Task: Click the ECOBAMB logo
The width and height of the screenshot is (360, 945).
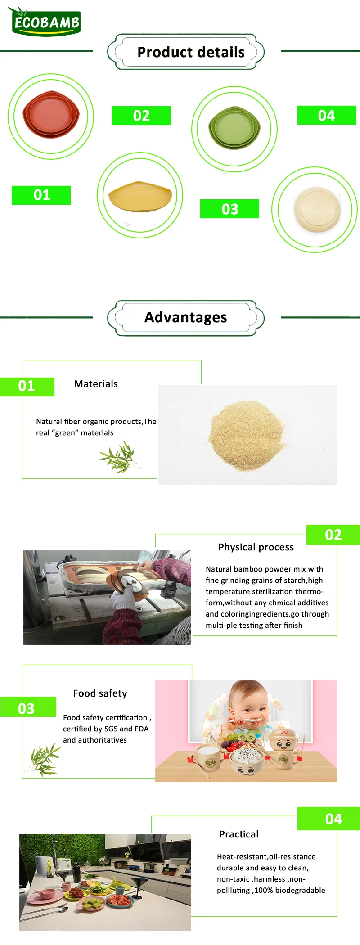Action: [45, 21]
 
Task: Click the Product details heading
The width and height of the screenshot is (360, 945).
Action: [191, 52]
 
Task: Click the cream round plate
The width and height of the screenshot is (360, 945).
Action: [315, 210]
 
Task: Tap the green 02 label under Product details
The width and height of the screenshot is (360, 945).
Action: [141, 116]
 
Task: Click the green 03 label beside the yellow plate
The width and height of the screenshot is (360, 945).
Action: [229, 209]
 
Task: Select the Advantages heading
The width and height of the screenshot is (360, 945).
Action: [185, 317]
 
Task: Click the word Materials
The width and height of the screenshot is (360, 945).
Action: [96, 384]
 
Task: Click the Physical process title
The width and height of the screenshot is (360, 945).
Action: [256, 547]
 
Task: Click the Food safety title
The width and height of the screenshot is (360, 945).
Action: [100, 693]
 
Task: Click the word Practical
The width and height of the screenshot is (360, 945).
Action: [239, 834]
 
